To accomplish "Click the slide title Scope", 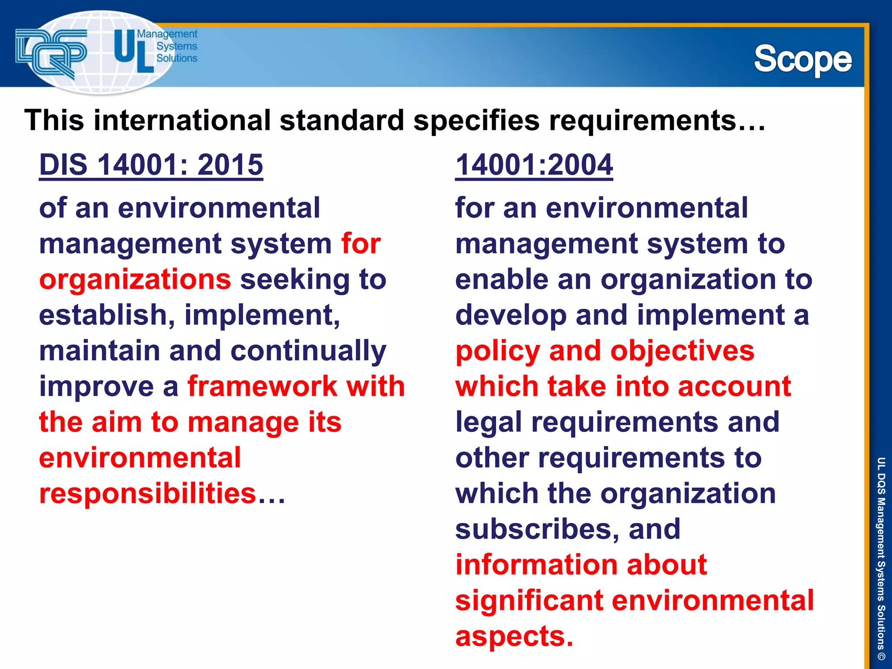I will tap(802, 60).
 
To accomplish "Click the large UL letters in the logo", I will tap(132, 51).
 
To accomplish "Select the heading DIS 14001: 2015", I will tap(151, 165).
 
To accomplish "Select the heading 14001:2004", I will tap(534, 165).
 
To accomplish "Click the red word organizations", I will tap(135, 280).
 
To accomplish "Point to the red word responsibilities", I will tap(148, 493).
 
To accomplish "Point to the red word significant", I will tap(529, 601).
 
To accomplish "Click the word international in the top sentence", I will tap(182, 120).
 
